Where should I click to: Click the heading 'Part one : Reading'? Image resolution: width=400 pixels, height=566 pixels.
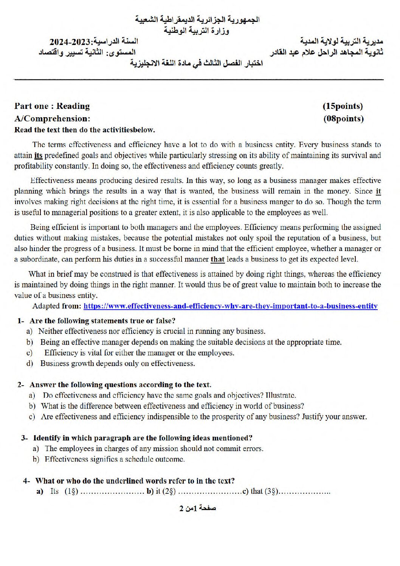(x=52, y=106)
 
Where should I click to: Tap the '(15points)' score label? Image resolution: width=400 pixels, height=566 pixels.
(x=343, y=106)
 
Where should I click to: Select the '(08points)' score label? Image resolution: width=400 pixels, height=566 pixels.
(x=343, y=119)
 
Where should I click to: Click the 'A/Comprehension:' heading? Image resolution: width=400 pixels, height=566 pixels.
(x=52, y=119)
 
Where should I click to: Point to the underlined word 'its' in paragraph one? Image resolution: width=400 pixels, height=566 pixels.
(x=38, y=155)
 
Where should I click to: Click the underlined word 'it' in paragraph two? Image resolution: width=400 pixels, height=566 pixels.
(x=378, y=191)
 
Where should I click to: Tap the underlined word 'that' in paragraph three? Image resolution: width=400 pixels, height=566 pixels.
(x=217, y=259)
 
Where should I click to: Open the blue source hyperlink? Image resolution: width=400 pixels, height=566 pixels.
(x=230, y=306)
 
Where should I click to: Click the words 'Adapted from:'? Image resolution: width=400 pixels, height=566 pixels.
(x=57, y=306)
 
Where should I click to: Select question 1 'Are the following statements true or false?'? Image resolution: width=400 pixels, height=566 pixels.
(x=102, y=321)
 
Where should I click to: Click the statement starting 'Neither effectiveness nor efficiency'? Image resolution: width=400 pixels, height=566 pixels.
(x=152, y=331)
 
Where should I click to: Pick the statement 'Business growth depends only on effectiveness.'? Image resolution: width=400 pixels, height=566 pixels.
(x=118, y=363)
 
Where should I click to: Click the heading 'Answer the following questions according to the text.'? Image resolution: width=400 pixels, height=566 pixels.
(x=120, y=385)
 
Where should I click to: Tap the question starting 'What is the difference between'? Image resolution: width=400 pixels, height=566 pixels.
(x=172, y=406)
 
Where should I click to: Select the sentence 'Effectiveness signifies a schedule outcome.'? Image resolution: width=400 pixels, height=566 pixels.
(x=115, y=459)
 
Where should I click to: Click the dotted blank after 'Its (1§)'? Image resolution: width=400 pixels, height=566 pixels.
(x=112, y=492)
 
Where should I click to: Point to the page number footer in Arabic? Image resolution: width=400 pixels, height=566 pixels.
(x=197, y=508)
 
